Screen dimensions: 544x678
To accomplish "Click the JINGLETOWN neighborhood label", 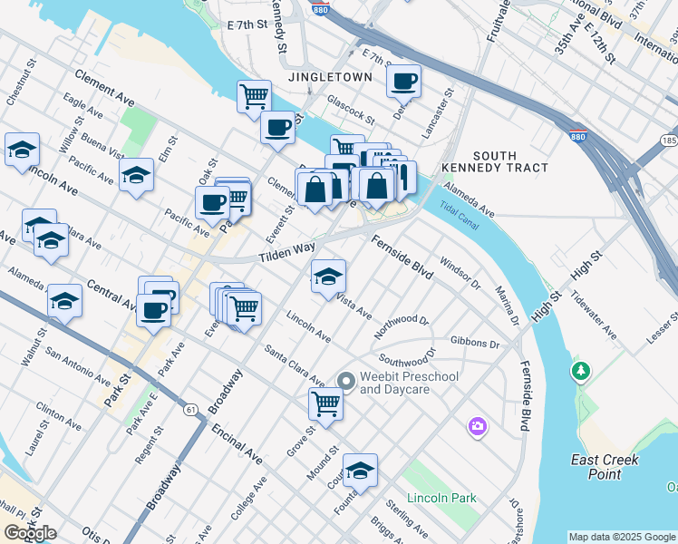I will pyautogui.click(x=330, y=78).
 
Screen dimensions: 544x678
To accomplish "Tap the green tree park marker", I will pyautogui.click(x=580, y=371).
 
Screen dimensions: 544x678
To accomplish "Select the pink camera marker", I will pyautogui.click(x=477, y=425).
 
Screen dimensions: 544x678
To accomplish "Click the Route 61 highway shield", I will pyautogui.click(x=189, y=410).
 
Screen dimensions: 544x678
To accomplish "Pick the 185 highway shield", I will pyautogui.click(x=669, y=142).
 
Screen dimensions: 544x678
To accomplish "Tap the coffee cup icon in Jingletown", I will pyautogui.click(x=403, y=81).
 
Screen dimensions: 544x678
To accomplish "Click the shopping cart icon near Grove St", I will pyautogui.click(x=325, y=403).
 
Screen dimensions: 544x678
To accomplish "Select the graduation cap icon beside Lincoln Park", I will pyautogui.click(x=360, y=470).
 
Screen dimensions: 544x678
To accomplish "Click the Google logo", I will pyautogui.click(x=31, y=533).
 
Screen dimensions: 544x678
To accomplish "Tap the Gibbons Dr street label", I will pyautogui.click(x=475, y=345).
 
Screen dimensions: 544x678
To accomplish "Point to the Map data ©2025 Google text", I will pyautogui.click(x=622, y=537).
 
